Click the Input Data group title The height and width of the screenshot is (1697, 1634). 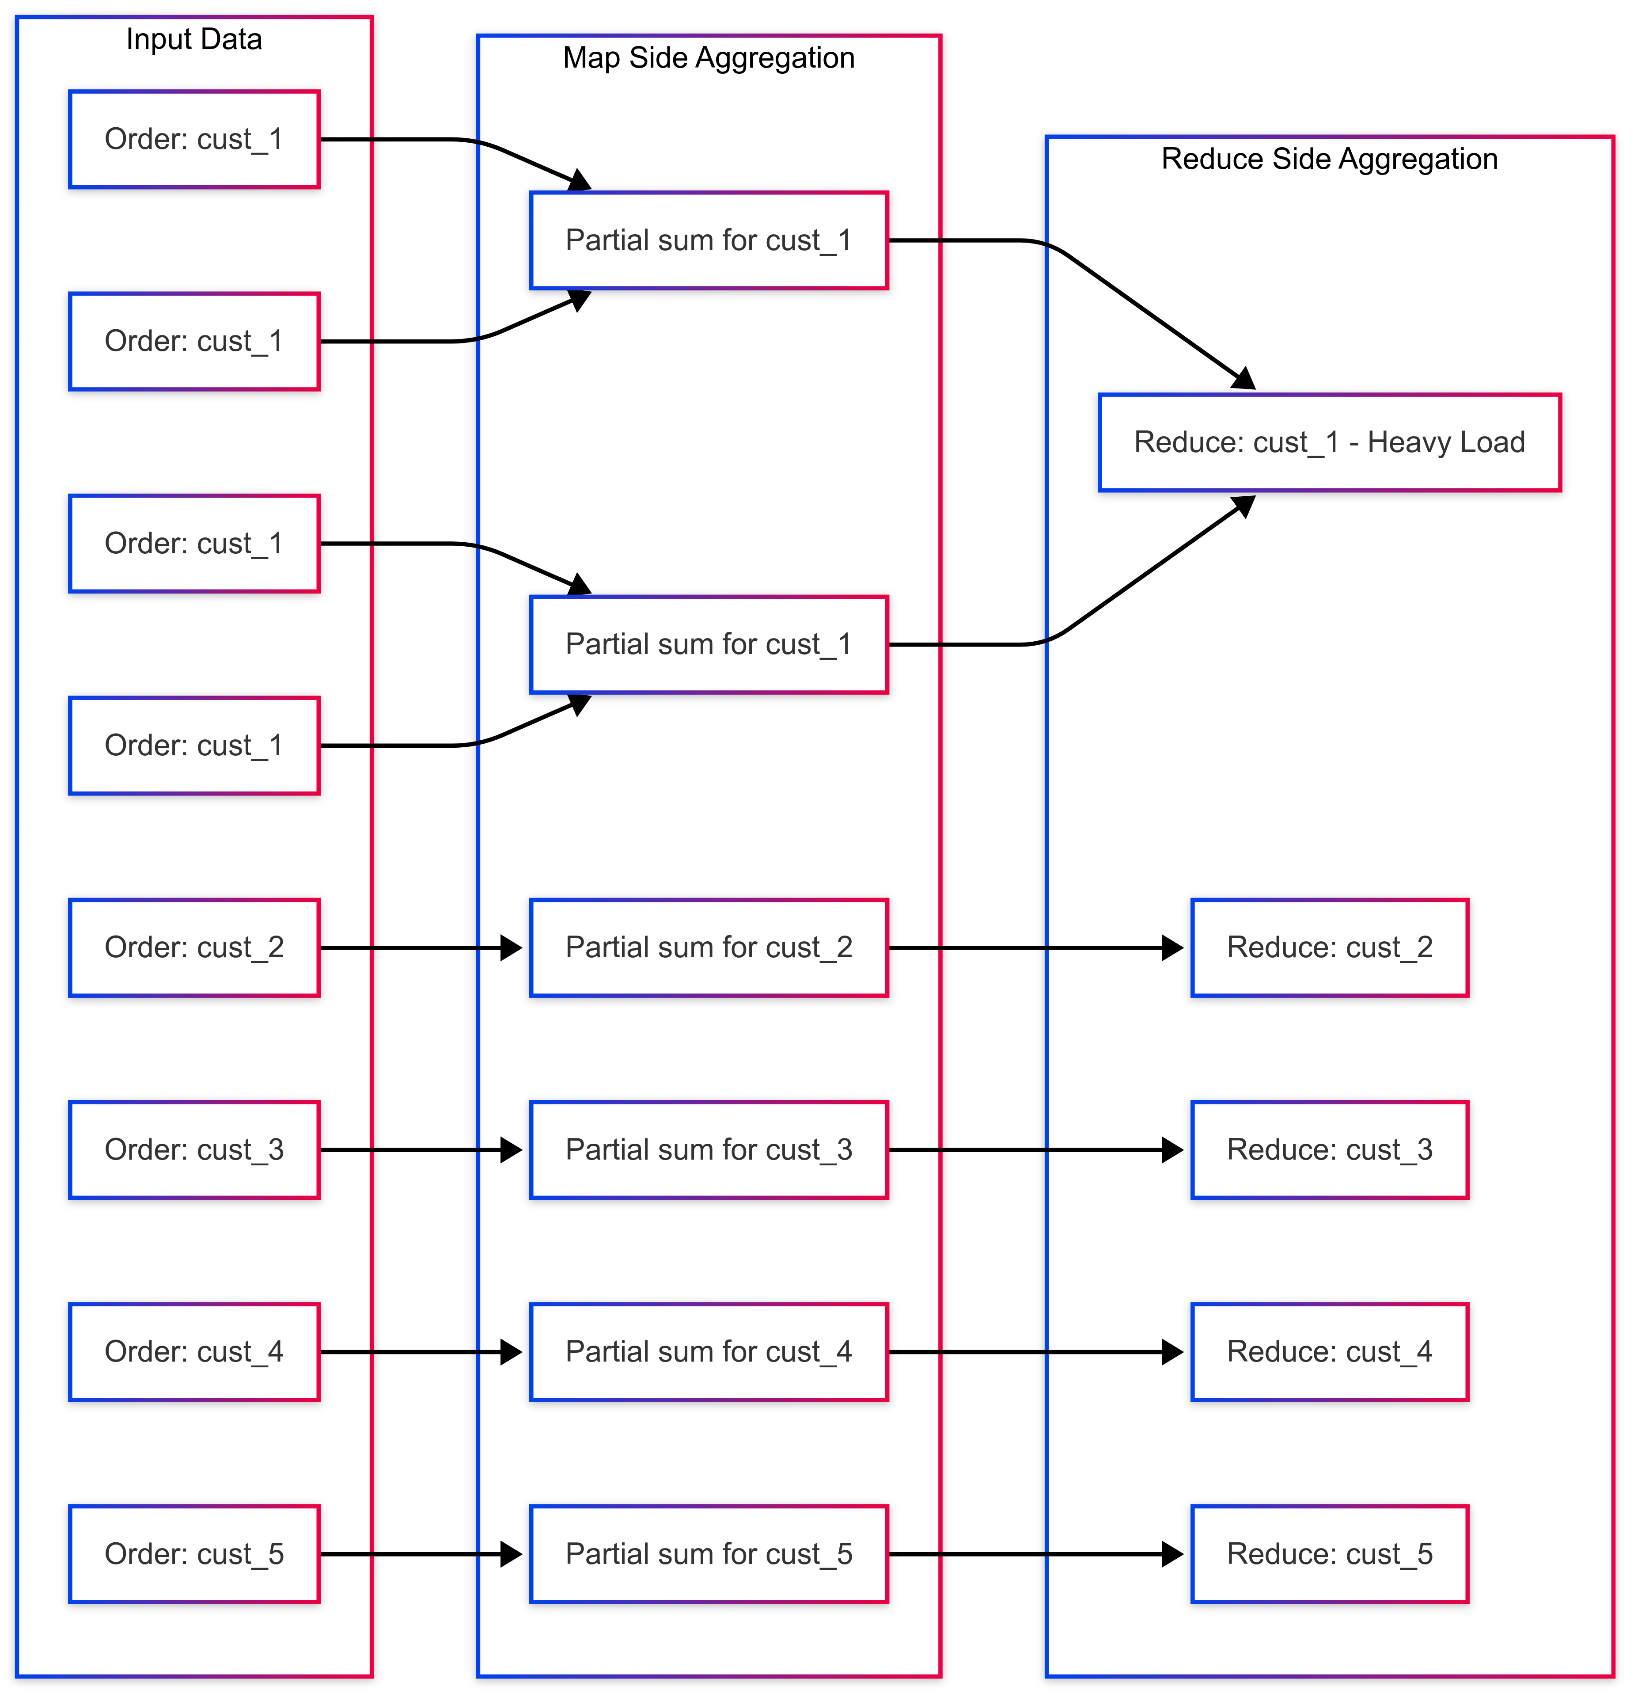194,39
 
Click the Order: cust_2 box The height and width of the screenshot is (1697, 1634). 194,947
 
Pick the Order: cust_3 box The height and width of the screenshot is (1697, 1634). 194,1150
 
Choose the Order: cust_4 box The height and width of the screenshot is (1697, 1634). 194,1351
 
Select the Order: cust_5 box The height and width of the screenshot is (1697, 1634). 194,1554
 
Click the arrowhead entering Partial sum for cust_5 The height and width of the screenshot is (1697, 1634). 512,1554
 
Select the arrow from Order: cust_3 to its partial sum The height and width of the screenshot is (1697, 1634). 415,1150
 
